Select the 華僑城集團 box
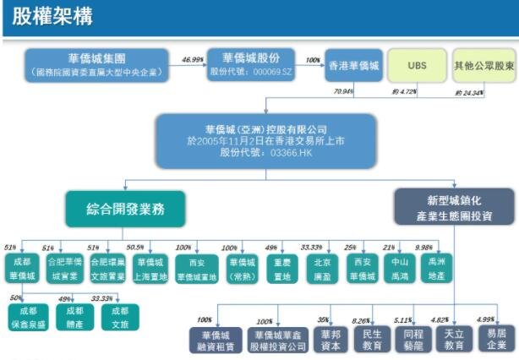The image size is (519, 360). [96, 65]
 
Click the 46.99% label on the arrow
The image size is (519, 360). [193, 60]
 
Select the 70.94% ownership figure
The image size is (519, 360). [344, 90]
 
